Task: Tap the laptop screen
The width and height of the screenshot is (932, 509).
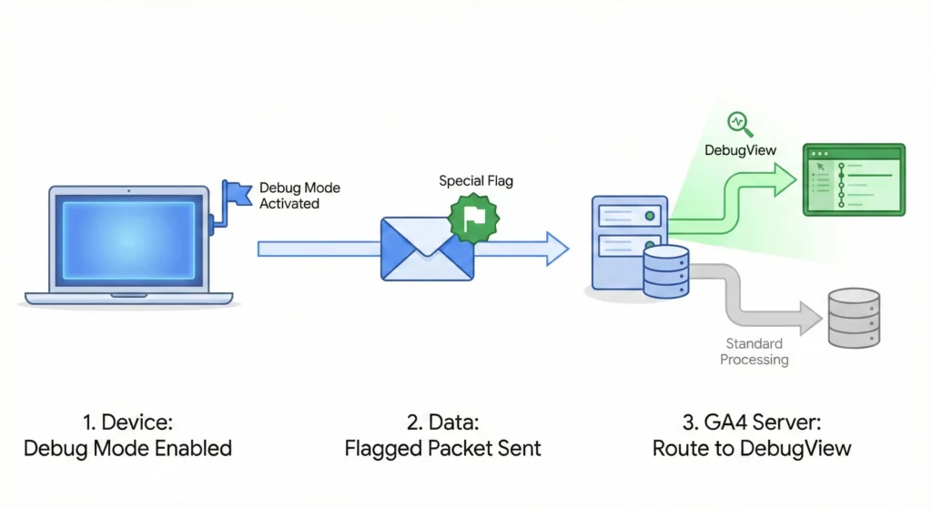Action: coord(128,239)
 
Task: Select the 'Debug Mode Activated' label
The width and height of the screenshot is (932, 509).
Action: coord(299,196)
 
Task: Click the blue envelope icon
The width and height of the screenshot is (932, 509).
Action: coord(427,248)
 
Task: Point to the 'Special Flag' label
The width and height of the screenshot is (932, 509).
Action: coord(475,180)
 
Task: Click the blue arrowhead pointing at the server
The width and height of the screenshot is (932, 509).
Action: coord(555,249)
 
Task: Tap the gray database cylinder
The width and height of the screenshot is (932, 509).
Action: coord(853,318)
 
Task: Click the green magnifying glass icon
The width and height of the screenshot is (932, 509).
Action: coord(736,123)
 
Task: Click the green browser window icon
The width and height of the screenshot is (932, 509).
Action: coord(853,179)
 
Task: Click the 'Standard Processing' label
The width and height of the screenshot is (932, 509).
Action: coord(754,351)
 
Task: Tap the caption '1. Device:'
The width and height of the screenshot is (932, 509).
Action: coord(127,422)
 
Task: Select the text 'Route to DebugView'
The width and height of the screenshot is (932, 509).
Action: coord(751,448)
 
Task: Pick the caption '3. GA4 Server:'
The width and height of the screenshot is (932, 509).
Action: coord(751,422)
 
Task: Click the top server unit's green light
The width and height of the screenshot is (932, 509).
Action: coord(649,217)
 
